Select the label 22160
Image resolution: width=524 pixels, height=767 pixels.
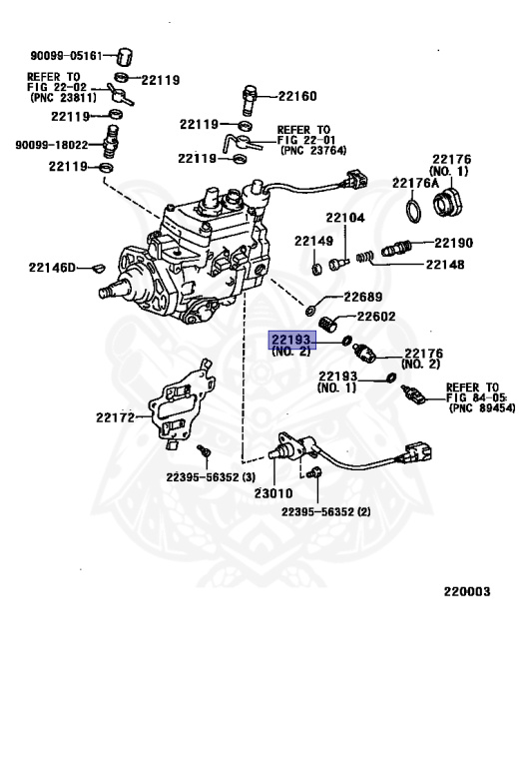pyautogui.click(x=296, y=97)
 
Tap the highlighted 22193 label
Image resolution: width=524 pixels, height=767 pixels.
pyautogui.click(x=291, y=342)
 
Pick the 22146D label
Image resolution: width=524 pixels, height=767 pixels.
pyautogui.click(x=52, y=267)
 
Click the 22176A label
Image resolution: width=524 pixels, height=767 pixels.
pyautogui.click(x=415, y=183)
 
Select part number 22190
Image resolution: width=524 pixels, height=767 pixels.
pyautogui.click(x=452, y=243)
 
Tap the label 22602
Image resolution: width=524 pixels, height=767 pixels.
pyautogui.click(x=377, y=317)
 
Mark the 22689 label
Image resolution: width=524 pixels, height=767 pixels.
pyautogui.click(x=363, y=297)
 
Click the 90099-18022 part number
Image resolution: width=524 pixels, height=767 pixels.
pyautogui.click(x=52, y=145)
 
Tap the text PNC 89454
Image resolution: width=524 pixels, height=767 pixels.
pyautogui.click(x=482, y=408)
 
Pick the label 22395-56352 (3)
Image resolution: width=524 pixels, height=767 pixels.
pyautogui.click(x=212, y=476)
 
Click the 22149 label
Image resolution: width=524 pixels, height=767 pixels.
pyautogui.click(x=312, y=241)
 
